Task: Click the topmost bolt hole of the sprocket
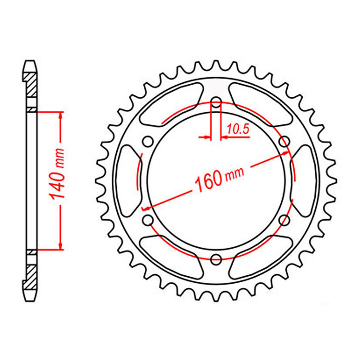[216, 104]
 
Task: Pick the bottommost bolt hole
[216, 259]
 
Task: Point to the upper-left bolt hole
[147, 141]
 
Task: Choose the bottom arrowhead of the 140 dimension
[61, 245]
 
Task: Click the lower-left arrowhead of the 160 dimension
[146, 207]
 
